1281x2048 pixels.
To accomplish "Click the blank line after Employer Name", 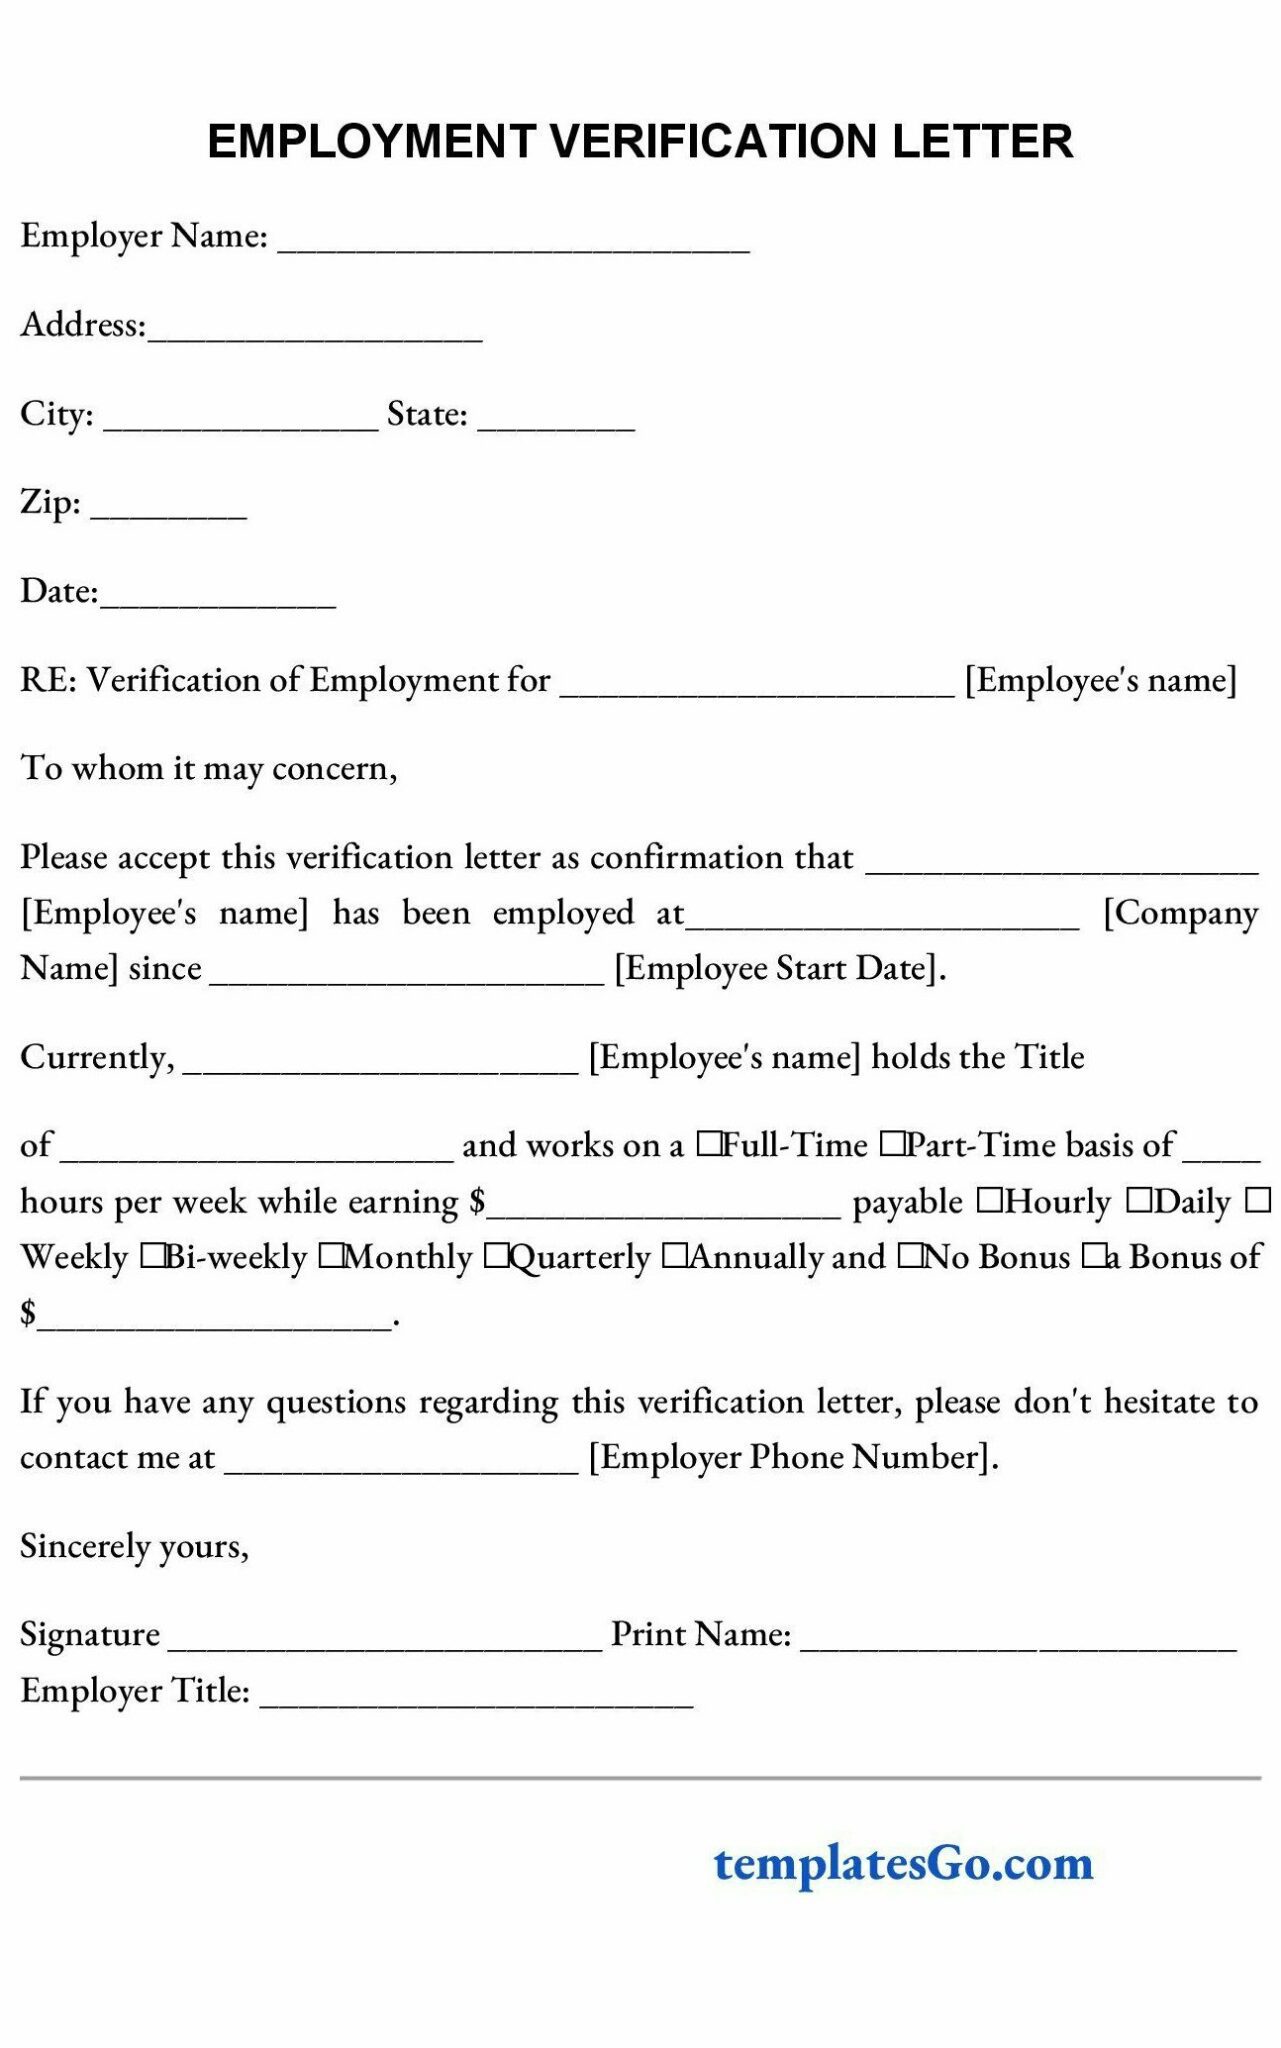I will pos(513,243).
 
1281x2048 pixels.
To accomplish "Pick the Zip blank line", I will pos(168,508).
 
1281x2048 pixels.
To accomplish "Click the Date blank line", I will pos(218,597).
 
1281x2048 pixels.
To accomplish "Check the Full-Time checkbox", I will pos(708,1144).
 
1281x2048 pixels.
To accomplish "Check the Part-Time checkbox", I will pos(891,1144).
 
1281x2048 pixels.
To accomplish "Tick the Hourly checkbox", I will pos(989,1200).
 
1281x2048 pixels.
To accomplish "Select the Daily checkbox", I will pos(1139,1200).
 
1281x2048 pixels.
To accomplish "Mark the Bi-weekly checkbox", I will pos(152,1256).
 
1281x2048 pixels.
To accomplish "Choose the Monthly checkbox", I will pos(331,1256).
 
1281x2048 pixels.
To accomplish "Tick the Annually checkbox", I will pos(675,1256).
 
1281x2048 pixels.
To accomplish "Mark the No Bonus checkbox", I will pos(910,1256).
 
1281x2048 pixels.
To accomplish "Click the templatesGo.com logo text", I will pos(903,1862).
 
